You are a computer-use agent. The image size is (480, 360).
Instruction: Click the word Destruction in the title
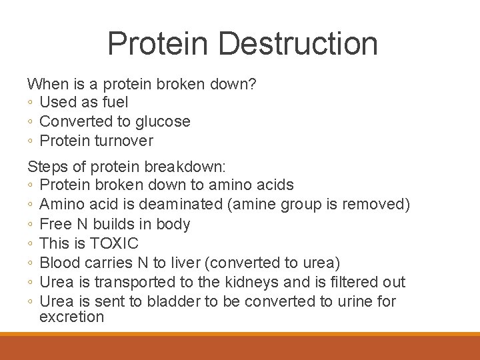[297, 43]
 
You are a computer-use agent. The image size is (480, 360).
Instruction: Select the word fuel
[115, 102]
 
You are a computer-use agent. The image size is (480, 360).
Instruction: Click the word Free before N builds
[55, 224]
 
